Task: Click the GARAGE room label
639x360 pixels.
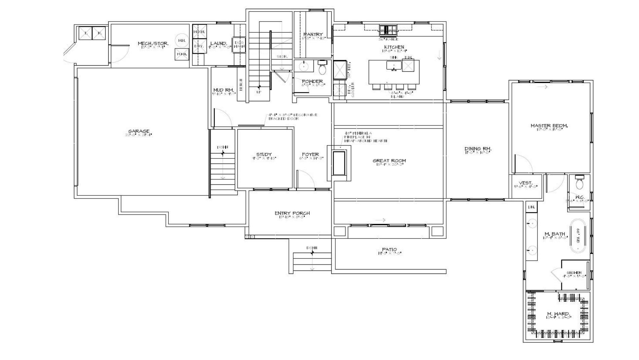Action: tap(139, 131)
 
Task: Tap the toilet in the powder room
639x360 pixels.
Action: tap(322, 68)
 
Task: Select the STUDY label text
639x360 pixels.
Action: tap(264, 154)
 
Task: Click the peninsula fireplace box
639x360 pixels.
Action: tap(339, 163)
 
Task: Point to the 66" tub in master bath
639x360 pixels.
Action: tap(578, 236)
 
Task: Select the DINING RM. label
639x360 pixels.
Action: tap(478, 148)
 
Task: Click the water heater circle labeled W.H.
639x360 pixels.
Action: tap(182, 40)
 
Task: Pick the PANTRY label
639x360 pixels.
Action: tap(313, 34)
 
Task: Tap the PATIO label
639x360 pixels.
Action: tap(389, 250)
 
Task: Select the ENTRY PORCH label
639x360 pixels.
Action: tap(292, 213)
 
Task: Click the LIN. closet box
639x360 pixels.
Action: tap(532, 207)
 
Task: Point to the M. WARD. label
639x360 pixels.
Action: tap(558, 314)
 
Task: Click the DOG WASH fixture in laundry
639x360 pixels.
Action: tap(239, 44)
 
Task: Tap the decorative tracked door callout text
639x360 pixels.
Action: tap(293, 117)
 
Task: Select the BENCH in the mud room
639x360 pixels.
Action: tap(241, 84)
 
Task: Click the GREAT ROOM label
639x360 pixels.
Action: tap(389, 160)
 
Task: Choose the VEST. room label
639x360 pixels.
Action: tap(526, 183)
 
